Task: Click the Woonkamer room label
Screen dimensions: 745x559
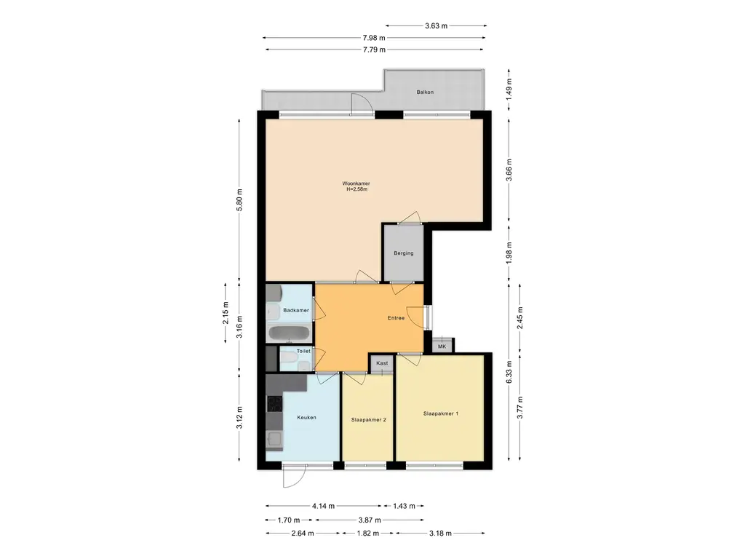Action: coord(356,183)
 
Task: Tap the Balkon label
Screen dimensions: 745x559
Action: coord(425,92)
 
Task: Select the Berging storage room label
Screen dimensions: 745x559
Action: coord(403,253)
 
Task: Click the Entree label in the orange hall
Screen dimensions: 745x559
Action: coord(396,318)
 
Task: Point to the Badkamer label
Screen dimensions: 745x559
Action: coord(296,310)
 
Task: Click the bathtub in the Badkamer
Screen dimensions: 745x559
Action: coord(289,333)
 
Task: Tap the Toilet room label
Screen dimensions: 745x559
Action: coord(303,352)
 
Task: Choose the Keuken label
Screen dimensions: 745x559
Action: coord(306,418)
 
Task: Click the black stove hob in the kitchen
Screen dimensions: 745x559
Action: coord(274,403)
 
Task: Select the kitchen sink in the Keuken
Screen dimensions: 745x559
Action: coord(274,439)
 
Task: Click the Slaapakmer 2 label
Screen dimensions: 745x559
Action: coord(368,420)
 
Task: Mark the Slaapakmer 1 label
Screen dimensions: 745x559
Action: coord(440,414)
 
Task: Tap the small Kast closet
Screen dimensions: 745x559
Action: coord(382,364)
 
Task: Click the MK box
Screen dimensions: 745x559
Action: coord(442,346)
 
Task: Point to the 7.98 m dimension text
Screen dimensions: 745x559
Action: coord(374,38)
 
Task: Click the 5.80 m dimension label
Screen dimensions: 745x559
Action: coord(239,200)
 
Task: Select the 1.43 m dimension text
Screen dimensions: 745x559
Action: coord(404,507)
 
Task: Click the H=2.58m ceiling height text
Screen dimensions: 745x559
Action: coord(356,190)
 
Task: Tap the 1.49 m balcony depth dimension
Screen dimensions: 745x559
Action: coord(509,90)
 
